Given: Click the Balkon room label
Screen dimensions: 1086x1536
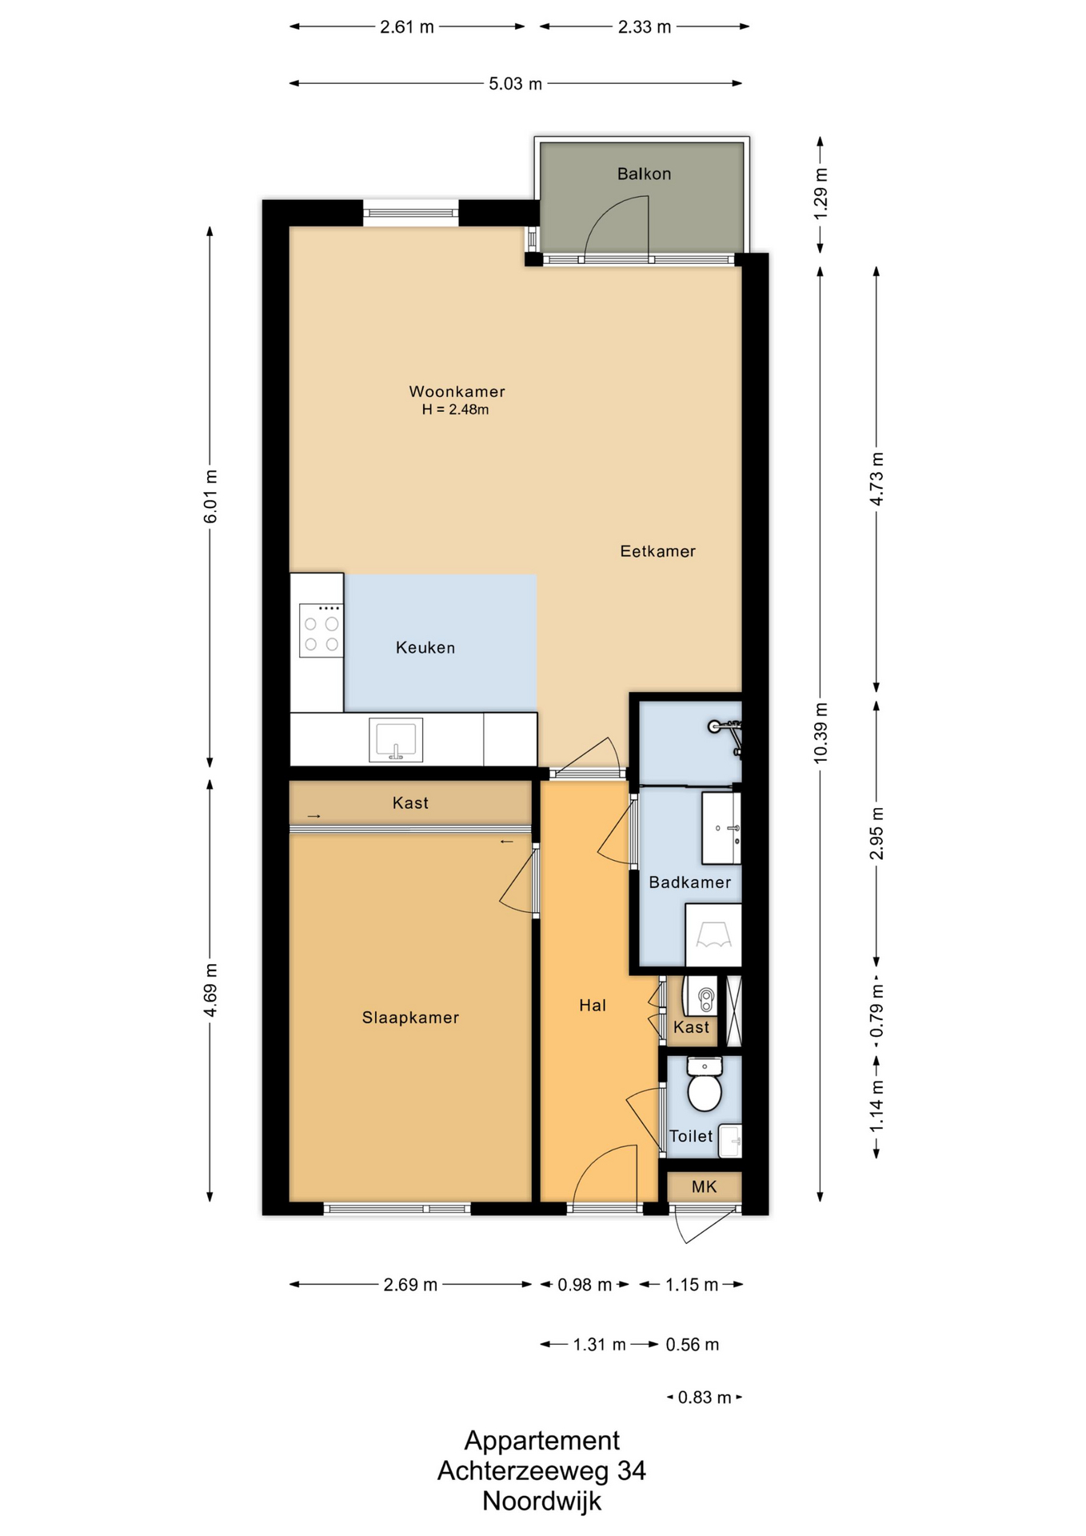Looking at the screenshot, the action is tap(644, 174).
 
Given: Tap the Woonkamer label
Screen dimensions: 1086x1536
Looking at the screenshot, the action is tap(457, 391).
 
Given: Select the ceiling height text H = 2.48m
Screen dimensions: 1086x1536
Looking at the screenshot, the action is tap(455, 410).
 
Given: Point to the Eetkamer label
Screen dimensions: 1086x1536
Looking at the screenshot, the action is tap(657, 551).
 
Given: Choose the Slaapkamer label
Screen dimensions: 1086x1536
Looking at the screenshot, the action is tap(410, 1018).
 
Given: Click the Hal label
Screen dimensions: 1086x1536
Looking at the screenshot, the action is tap(593, 1006).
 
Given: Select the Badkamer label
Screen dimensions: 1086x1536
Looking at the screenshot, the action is tap(689, 882).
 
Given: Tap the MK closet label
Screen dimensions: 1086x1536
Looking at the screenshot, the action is tap(704, 1187).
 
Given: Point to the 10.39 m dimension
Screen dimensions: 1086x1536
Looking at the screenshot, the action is tap(820, 733).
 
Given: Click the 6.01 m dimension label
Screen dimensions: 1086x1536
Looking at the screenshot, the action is tap(210, 497).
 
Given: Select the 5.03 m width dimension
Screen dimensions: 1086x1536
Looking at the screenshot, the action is tap(515, 83).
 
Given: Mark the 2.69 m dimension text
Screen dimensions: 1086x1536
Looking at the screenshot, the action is tap(410, 1285).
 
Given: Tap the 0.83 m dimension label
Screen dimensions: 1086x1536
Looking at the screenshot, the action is tap(705, 1398).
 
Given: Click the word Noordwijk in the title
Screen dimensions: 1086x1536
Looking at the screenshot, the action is tap(541, 1501).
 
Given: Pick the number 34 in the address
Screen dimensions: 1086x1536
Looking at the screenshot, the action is tap(631, 1470).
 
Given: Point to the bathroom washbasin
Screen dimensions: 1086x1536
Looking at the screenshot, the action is tap(721, 828).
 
